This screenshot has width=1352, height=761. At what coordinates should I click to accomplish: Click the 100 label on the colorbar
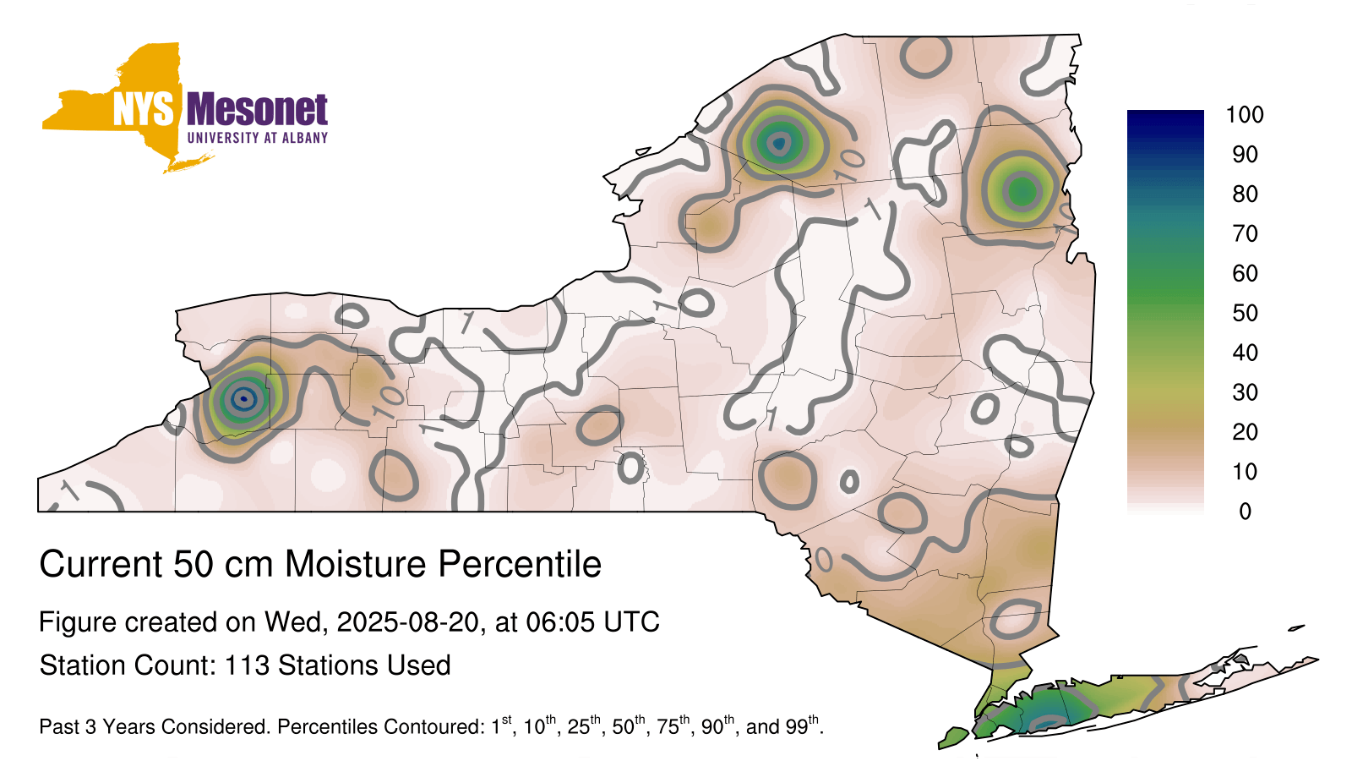[1245, 115]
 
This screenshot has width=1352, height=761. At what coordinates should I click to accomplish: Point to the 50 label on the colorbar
[1245, 313]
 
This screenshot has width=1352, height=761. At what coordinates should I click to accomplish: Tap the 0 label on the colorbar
[1246, 512]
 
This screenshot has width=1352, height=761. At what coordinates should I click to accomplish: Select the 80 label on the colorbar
[1245, 194]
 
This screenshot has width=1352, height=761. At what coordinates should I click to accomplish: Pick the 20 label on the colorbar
[1245, 432]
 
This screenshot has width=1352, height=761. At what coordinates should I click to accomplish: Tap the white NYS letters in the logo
[144, 109]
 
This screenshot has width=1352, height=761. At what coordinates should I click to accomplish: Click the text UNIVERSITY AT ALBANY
[258, 138]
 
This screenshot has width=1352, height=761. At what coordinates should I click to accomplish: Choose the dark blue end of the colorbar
[1165, 118]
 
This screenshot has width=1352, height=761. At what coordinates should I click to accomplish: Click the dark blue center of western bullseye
[244, 398]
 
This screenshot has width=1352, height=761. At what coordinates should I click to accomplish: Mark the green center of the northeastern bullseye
[1022, 191]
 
